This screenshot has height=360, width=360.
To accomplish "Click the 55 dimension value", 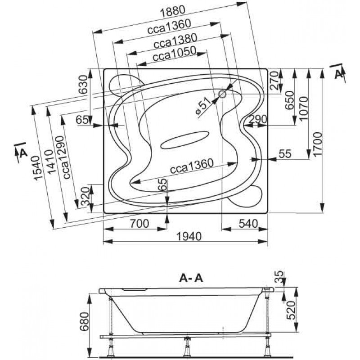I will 284,153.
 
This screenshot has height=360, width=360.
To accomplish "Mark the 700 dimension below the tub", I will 135,223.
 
